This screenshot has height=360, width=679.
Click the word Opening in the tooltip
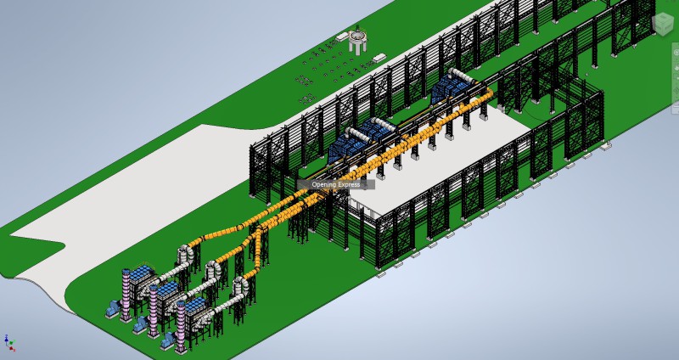[323, 184]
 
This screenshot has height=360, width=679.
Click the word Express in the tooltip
[348, 184]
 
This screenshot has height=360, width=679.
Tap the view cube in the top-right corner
[663, 23]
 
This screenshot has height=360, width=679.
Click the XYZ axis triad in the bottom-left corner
[8, 343]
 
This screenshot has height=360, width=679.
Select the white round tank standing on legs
[358, 40]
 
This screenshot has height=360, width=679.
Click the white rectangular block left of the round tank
[342, 37]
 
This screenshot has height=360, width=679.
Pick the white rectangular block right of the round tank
[379, 58]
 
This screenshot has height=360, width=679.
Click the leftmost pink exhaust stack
[126, 295]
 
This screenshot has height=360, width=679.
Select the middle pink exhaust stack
[153, 310]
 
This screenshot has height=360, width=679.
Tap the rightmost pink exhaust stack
[181, 326]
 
